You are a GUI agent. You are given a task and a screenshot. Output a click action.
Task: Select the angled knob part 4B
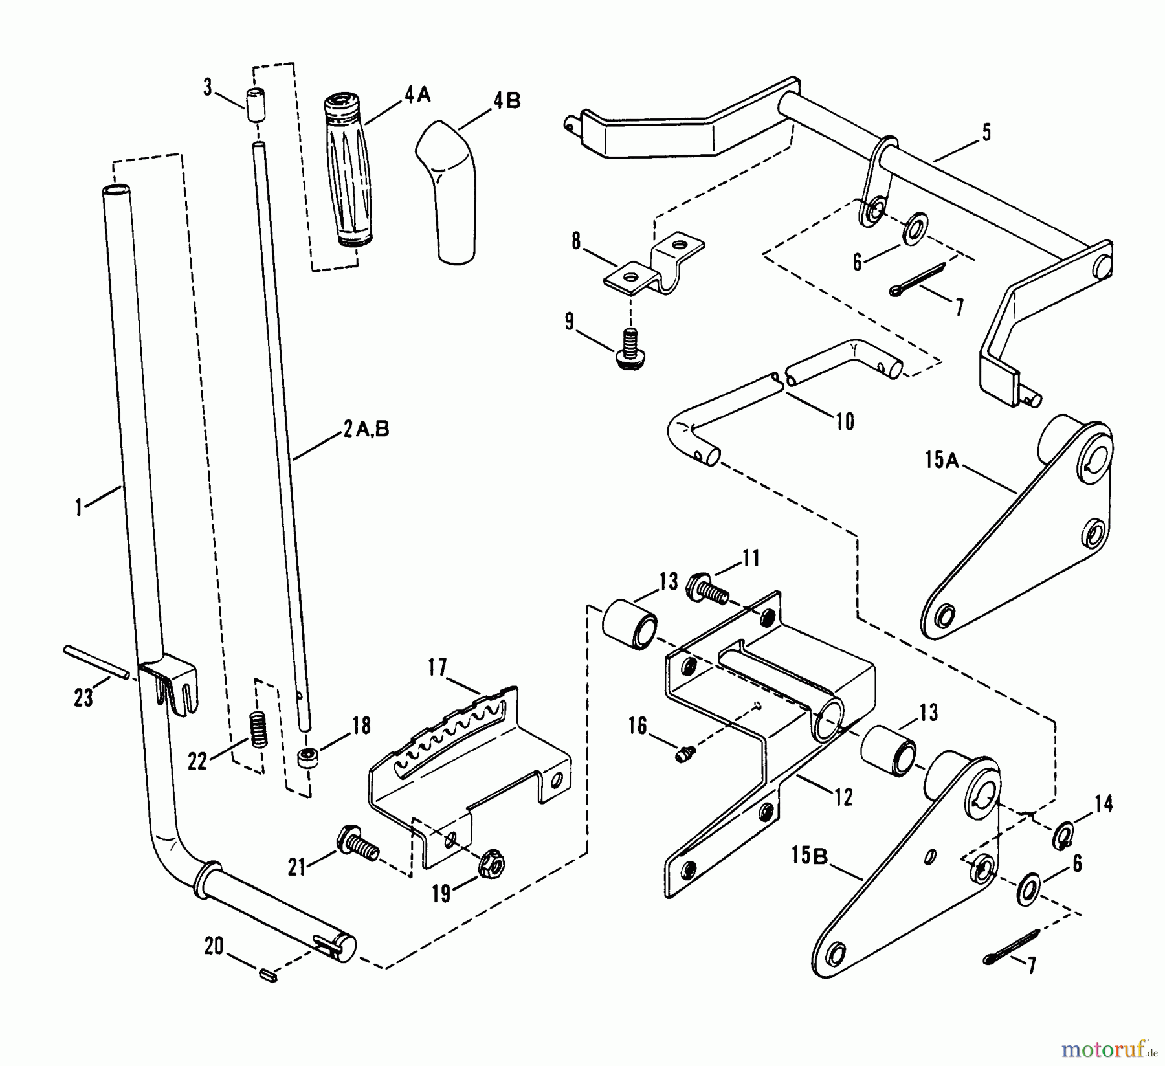(450, 191)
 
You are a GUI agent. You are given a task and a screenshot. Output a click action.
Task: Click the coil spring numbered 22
(258, 729)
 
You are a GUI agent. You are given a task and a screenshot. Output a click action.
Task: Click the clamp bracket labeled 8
(654, 265)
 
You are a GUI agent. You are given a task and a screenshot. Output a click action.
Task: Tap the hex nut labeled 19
(494, 861)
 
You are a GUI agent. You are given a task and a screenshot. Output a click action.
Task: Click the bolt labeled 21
(357, 845)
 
